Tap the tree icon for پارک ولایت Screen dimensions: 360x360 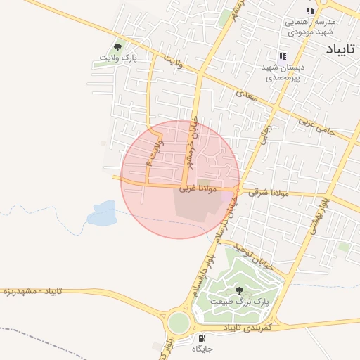click(117, 47)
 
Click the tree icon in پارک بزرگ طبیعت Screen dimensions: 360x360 click(239, 290)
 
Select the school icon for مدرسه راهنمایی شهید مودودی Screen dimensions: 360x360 click(310, 11)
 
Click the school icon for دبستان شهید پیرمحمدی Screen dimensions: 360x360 click(282, 56)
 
